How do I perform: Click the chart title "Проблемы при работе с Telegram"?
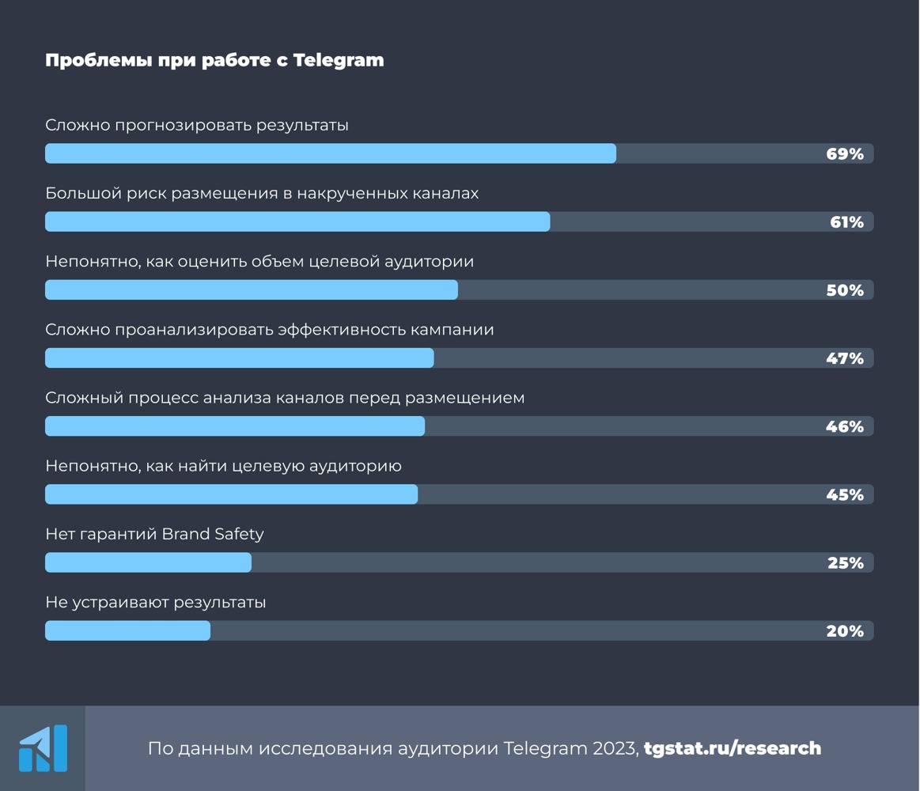point(214,60)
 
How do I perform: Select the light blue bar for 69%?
point(331,153)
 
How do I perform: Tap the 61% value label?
point(846,222)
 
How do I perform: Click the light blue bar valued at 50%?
point(252,290)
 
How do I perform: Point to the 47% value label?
point(845,358)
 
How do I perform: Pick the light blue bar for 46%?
point(235,426)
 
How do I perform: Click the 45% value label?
point(845,494)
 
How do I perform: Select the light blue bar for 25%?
point(148,562)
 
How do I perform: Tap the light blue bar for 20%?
point(128,630)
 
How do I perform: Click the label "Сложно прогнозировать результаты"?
point(197,125)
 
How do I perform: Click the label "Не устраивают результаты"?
point(156,603)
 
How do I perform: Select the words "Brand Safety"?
point(213,534)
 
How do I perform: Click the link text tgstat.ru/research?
point(733,748)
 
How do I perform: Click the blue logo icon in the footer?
point(43,748)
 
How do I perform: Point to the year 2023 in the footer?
point(617,748)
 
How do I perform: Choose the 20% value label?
point(845,630)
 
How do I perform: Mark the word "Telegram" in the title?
point(339,60)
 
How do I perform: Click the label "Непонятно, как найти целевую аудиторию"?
point(223,466)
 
